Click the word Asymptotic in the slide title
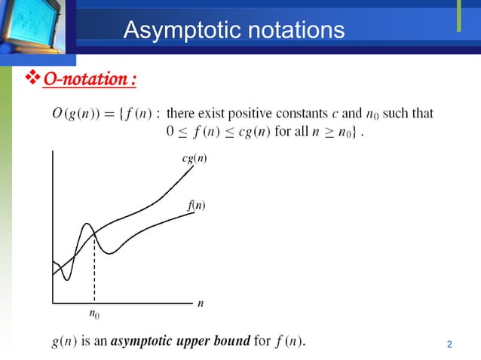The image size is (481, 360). (173, 31)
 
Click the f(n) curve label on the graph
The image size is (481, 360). (197, 206)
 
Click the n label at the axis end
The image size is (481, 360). (201, 304)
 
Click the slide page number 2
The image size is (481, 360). (449, 345)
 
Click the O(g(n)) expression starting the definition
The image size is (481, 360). (75, 114)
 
